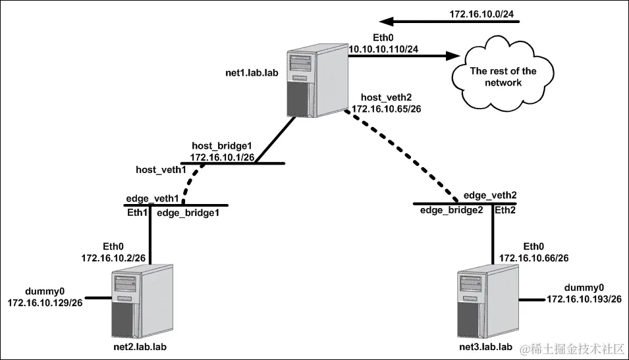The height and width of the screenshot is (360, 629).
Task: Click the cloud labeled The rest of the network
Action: click(503, 77)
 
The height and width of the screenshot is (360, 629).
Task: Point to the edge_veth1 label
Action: click(153, 199)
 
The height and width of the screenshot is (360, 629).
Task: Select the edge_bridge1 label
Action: click(187, 213)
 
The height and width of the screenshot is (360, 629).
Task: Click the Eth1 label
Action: click(137, 213)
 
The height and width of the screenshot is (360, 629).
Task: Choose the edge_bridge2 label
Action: click(450, 211)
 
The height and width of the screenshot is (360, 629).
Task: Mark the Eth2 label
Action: click(505, 211)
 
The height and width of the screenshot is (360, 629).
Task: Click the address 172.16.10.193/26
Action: click(584, 299)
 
